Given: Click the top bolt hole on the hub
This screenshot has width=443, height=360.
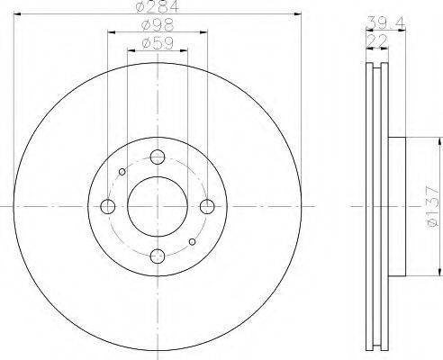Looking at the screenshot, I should [x=158, y=157].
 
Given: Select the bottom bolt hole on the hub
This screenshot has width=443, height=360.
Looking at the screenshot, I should [x=158, y=256].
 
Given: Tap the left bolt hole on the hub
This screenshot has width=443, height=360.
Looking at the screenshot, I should [x=109, y=207].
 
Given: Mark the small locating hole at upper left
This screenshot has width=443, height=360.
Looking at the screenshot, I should [x=123, y=172].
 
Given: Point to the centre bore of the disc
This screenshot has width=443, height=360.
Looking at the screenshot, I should [x=158, y=207].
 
